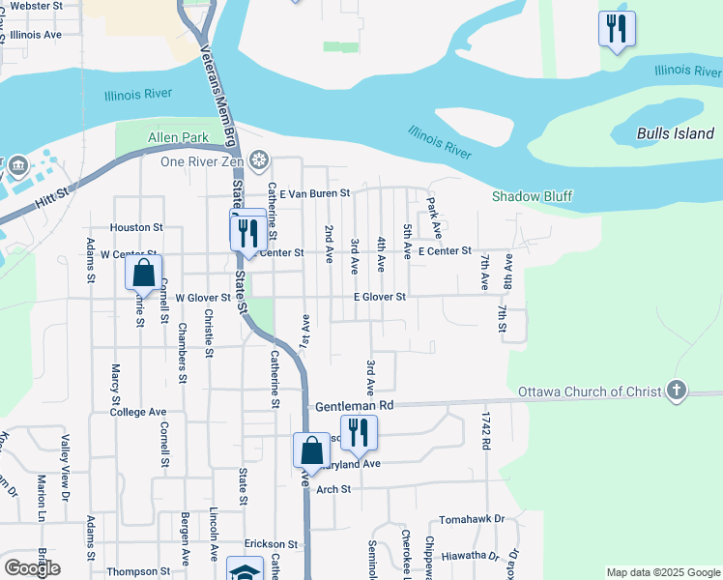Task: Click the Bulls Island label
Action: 676,133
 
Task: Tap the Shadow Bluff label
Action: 532,196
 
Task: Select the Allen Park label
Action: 177,138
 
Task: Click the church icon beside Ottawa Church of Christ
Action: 677,391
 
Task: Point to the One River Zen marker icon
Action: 258,160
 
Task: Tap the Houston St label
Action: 136,227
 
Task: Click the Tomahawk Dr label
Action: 472,519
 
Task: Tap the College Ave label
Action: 138,412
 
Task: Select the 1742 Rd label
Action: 487,430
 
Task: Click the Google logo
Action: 32,567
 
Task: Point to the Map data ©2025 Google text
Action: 662,572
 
